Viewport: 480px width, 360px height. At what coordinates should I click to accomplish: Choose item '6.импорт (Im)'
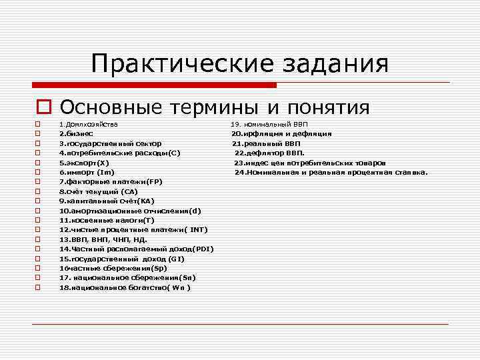[87, 172]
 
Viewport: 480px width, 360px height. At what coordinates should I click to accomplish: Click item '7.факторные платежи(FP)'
[111, 182]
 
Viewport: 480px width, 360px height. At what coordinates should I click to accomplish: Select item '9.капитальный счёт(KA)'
[107, 201]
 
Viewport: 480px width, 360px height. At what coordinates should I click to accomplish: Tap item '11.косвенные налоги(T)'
[107, 220]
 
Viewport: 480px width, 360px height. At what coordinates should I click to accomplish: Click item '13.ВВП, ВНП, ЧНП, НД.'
[103, 239]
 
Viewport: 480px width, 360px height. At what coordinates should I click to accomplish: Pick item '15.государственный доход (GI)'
[122, 259]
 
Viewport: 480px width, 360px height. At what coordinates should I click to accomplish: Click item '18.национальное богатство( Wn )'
[125, 288]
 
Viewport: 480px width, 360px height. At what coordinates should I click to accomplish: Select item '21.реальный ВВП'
[266, 143]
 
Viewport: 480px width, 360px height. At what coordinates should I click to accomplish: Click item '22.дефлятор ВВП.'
[269, 153]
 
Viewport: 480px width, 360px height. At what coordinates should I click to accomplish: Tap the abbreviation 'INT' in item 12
[197, 230]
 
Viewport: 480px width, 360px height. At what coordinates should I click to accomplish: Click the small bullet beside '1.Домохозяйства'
[39, 125]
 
